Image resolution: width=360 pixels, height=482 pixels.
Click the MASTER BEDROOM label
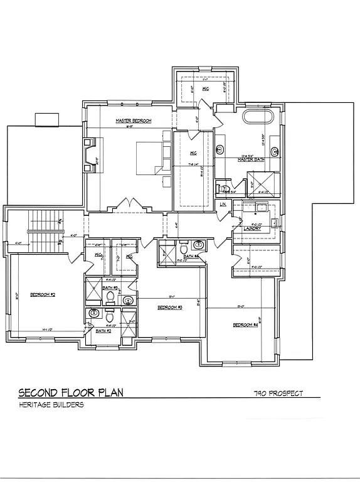[x=133, y=120]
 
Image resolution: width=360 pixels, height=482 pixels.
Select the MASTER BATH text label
[x=249, y=159]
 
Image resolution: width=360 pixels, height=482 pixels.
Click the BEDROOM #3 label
[x=169, y=307]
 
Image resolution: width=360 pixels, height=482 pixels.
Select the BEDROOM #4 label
[x=245, y=324]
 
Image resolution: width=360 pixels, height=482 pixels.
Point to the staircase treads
[x=44, y=231]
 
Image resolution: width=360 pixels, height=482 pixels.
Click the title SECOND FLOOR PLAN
[x=71, y=393]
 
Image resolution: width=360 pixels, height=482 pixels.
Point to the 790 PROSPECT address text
[x=278, y=394]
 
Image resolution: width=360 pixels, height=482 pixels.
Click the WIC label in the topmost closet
[x=205, y=89]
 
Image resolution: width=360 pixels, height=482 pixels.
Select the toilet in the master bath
[x=223, y=188]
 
